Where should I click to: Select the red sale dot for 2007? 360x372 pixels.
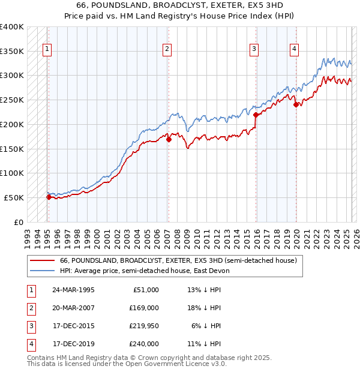169,140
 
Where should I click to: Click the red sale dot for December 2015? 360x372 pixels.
256,115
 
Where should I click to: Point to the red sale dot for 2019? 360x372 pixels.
296,105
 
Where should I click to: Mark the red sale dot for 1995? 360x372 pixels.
48,197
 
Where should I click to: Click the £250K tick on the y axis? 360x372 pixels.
12,100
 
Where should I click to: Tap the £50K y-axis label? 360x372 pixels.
14,197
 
